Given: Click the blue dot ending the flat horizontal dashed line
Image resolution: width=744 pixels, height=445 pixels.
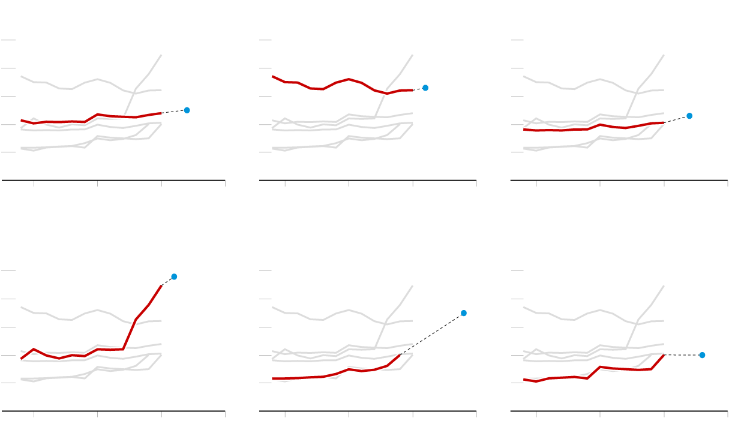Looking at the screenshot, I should click(702, 355).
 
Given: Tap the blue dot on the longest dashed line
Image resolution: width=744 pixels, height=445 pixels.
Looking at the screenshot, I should click(464, 313).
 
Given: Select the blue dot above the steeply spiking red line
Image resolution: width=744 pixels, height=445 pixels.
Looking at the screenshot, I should click(174, 276).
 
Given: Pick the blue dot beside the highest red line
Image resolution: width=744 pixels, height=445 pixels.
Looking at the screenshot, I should click(425, 88).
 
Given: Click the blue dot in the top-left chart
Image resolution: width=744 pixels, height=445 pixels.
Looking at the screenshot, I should click(187, 110).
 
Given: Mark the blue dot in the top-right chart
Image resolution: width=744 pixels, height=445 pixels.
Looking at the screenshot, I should click(689, 116).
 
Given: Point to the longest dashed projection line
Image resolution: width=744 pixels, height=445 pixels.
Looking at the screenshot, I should click(432, 334).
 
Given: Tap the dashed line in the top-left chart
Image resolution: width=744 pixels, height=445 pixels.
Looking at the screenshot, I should click(174, 112).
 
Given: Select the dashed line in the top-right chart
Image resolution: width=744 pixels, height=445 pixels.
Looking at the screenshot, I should click(677, 119).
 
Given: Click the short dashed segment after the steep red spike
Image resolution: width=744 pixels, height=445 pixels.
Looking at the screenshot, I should click(167, 281).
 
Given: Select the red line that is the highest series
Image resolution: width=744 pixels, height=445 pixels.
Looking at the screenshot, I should click(336, 82).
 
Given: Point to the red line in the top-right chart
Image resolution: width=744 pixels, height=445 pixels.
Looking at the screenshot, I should click(600, 125).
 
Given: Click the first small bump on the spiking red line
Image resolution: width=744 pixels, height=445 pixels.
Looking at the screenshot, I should click(34, 349).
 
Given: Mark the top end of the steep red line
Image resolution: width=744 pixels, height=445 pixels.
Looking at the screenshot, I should click(161, 286).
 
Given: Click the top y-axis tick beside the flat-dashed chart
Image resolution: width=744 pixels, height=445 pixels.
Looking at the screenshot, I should click(517, 271).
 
